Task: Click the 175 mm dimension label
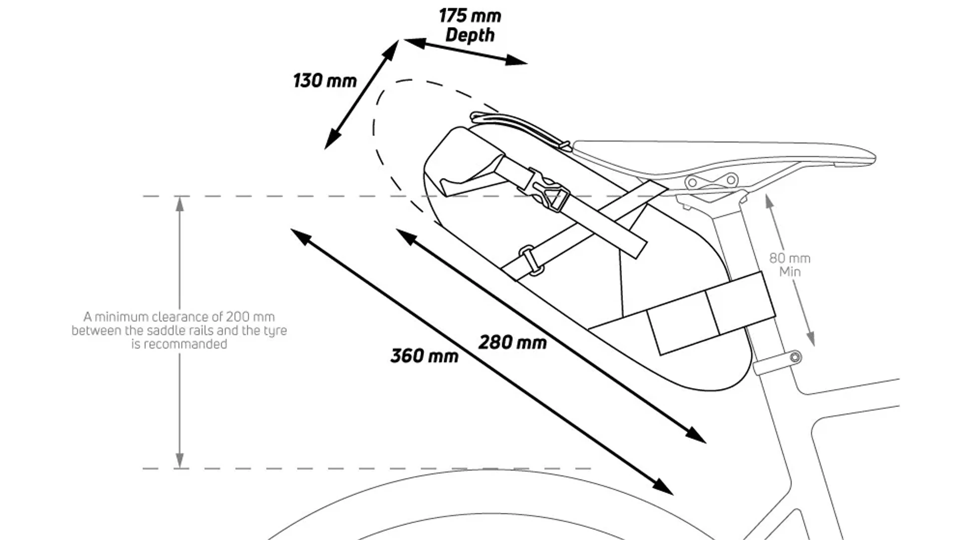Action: pos(470,16)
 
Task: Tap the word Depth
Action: pos(470,35)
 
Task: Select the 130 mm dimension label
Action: pos(325,81)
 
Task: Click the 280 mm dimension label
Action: pos(512,342)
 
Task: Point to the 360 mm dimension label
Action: pos(425,356)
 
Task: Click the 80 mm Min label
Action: pos(790,265)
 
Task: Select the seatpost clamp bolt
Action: pos(795,357)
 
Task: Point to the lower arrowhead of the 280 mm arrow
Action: pos(696,435)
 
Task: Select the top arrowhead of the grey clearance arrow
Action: pos(180,203)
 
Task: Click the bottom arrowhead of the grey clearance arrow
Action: pos(180,461)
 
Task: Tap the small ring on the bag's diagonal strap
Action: pos(530,260)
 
